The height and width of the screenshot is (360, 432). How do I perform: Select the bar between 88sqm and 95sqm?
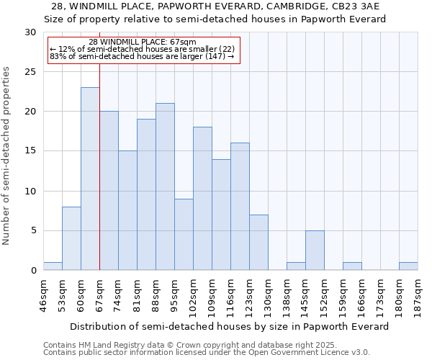(165, 186)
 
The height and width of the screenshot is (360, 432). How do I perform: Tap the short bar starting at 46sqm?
(53, 266)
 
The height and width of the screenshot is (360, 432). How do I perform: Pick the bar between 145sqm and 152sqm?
(315, 251)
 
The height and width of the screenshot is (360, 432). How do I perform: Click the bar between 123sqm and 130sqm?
(258, 243)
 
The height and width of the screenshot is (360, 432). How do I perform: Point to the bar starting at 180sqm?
(408, 266)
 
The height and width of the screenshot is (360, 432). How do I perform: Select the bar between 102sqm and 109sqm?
(202, 199)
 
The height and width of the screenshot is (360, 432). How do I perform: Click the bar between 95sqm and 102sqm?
(184, 235)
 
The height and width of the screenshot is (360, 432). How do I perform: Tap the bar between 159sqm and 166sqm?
(352, 266)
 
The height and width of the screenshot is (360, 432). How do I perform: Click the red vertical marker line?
(99, 180)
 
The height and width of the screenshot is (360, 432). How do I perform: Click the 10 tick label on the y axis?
(30, 192)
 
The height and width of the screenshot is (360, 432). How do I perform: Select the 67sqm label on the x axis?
(99, 293)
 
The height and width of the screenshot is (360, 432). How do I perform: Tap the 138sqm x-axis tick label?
(287, 293)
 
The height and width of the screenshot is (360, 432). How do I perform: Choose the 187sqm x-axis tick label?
(418, 293)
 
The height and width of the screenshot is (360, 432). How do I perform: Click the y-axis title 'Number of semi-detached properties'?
(7, 156)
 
